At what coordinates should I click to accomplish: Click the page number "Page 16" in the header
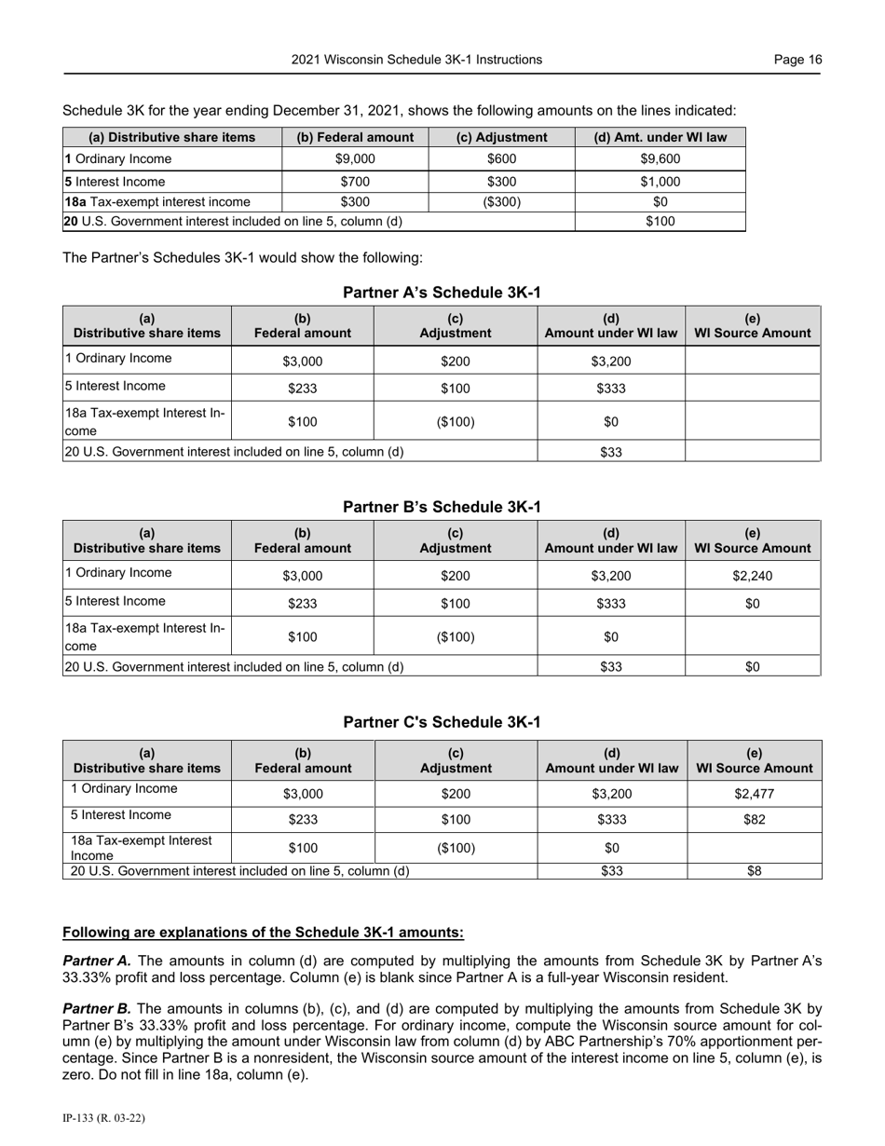[x=797, y=60]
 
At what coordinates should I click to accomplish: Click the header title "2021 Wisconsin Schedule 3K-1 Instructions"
[x=416, y=60]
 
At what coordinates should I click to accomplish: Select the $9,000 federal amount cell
[x=354, y=159]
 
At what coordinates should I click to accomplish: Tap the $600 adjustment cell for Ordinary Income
[x=501, y=159]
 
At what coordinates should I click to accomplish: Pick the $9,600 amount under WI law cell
[x=660, y=159]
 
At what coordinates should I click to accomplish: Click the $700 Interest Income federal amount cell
[x=354, y=182]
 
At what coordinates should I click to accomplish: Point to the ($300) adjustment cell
[x=501, y=201]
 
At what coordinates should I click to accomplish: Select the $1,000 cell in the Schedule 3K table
[x=660, y=182]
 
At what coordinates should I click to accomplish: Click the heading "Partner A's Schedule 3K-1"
[x=442, y=293]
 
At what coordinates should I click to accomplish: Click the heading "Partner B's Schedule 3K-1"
[x=442, y=507]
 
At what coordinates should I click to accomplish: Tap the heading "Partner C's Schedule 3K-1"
[x=442, y=722]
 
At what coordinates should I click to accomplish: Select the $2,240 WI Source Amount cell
[x=753, y=576]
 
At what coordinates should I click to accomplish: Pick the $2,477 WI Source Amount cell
[x=754, y=795]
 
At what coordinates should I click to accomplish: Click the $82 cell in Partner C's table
[x=754, y=820]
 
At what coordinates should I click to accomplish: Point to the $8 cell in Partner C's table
[x=754, y=872]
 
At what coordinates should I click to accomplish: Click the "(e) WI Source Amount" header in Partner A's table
[x=753, y=325]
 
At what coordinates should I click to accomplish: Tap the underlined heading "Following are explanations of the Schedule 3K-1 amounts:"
[x=263, y=933]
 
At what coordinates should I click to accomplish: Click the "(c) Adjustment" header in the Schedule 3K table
[x=501, y=138]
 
